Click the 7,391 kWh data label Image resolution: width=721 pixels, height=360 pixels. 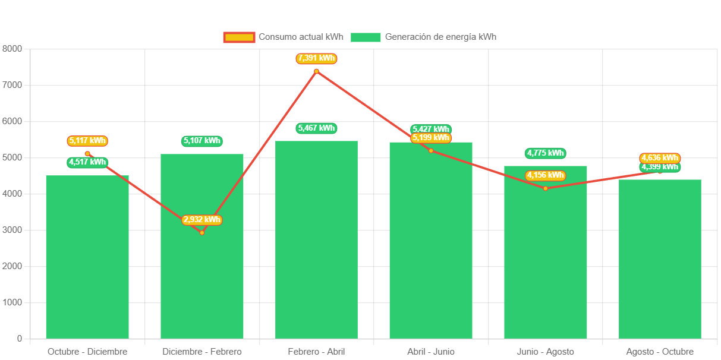[x=316, y=58]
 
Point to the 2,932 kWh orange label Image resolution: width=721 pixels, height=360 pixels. [x=202, y=220]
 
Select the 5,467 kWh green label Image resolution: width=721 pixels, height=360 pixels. [x=316, y=128]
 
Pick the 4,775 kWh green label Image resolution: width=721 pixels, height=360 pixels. [x=545, y=153]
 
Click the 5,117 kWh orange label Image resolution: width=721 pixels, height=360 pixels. [x=87, y=141]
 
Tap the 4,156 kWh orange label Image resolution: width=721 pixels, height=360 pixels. [x=545, y=175]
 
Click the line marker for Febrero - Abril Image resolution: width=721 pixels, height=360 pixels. [x=316, y=71]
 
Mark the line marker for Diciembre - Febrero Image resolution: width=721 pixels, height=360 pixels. [x=202, y=232]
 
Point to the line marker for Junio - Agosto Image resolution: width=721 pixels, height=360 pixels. [x=545, y=188]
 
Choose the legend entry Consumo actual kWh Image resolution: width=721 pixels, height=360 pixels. [x=284, y=37]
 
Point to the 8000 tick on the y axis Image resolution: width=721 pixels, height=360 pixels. [x=12, y=49]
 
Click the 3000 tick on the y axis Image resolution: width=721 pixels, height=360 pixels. [x=12, y=230]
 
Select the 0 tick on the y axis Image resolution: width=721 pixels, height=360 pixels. [x=20, y=339]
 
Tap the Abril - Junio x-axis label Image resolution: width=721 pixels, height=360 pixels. [x=431, y=352]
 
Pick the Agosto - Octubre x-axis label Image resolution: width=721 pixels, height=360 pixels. [x=660, y=352]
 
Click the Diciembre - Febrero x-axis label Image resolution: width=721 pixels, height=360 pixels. [x=202, y=352]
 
